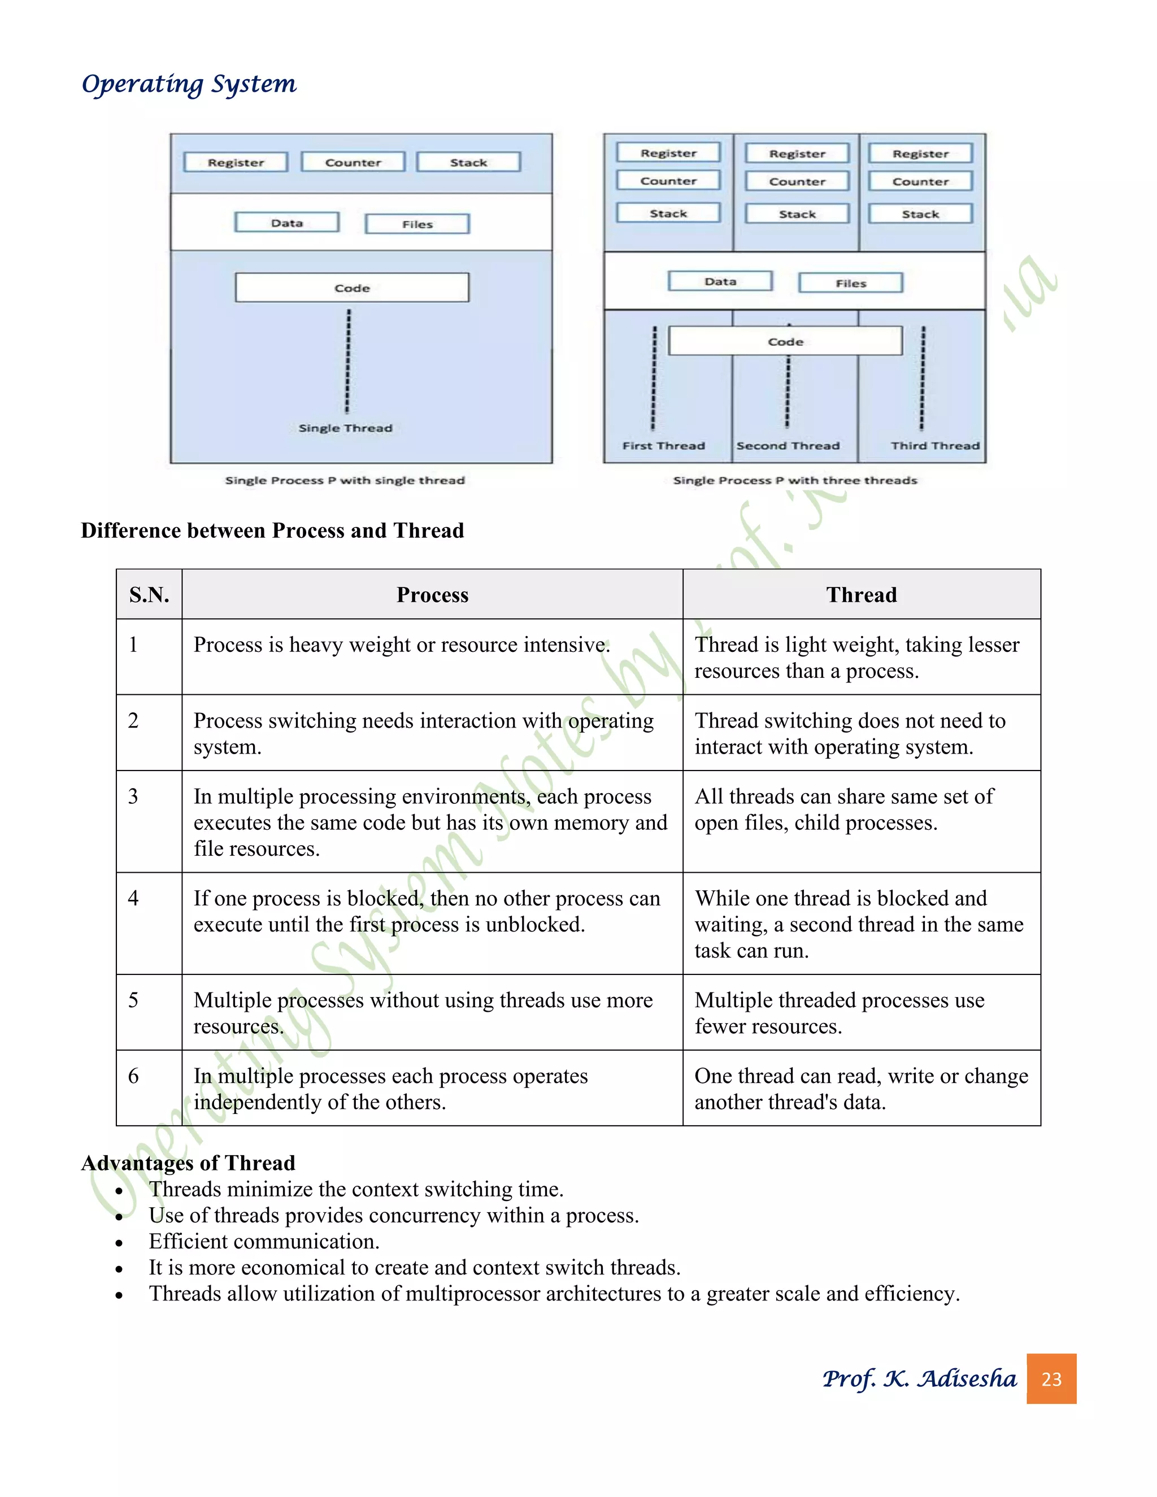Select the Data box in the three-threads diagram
coord(720,281)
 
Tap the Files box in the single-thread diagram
coord(417,224)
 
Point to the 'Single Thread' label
coord(345,428)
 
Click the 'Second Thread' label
coord(788,446)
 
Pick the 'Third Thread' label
coord(935,446)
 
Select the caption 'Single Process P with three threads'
coord(794,481)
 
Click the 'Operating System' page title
coord(189,84)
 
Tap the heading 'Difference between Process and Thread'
coord(272,530)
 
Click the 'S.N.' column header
coord(149,595)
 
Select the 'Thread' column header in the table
coord(861,595)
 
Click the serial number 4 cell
coord(134,898)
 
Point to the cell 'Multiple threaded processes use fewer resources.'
coord(839,1013)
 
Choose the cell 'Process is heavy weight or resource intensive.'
coord(402,645)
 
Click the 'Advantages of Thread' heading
coord(189,1163)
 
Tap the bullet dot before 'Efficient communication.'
coord(119,1243)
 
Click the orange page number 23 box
coord(1051,1379)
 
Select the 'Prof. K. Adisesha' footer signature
coord(919,1378)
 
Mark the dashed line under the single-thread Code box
coord(348,360)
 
